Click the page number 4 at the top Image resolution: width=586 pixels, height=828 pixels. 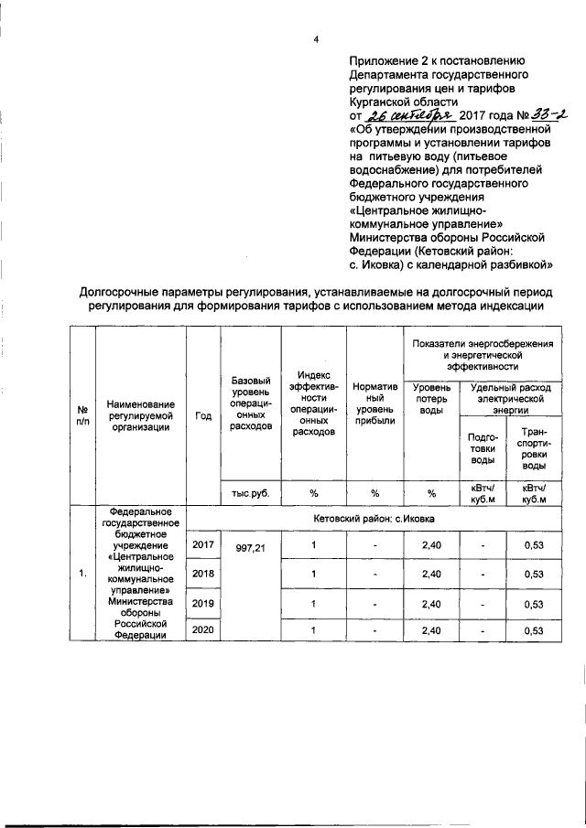click(315, 38)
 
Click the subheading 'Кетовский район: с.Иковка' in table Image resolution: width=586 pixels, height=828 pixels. click(374, 517)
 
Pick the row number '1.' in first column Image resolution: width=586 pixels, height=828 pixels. click(81, 574)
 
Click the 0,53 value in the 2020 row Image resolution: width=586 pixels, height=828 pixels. click(534, 631)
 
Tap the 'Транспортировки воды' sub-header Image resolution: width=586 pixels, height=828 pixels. click(534, 448)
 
